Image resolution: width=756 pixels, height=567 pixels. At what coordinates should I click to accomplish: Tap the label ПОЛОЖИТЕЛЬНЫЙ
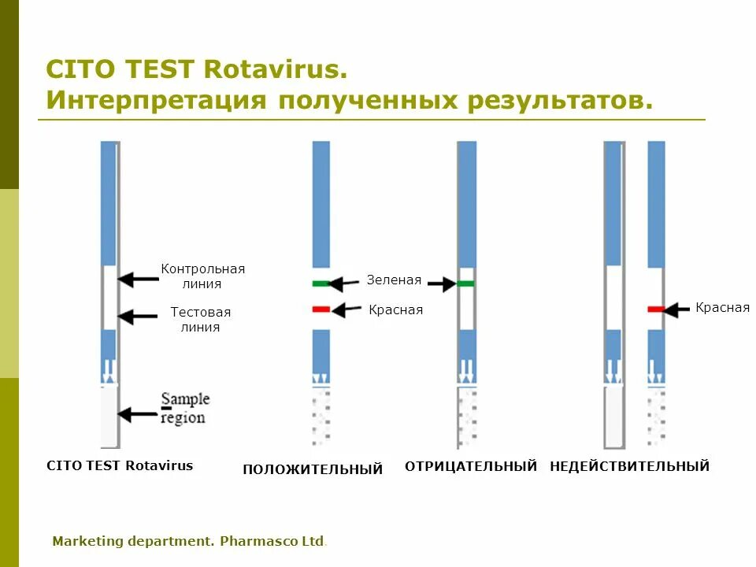coord(313,469)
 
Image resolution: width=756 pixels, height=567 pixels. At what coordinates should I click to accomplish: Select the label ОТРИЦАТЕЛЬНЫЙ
coord(471,466)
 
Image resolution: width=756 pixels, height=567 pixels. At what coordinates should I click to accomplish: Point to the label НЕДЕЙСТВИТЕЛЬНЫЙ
coord(629,466)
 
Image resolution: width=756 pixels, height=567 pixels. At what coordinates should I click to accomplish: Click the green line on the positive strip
coord(321,283)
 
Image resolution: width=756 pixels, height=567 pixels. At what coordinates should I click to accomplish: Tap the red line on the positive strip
coord(321,309)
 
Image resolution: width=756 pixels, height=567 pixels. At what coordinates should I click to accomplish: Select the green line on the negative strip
coord(467,283)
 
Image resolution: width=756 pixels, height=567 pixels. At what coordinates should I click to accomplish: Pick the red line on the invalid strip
coord(656,309)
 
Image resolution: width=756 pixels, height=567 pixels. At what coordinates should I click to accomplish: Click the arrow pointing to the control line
coord(137,277)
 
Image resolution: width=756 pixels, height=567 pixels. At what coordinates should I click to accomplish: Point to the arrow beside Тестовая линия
coord(137,316)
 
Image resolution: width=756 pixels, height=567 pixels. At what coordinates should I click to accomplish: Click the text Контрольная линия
coord(202,276)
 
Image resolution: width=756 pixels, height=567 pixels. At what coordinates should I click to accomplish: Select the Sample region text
coord(184,408)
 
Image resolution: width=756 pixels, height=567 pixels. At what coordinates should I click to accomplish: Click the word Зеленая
coord(394,280)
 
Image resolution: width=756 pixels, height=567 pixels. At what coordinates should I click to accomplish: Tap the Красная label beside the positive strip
coord(395,309)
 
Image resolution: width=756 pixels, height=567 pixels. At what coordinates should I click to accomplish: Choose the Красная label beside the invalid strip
coord(722,307)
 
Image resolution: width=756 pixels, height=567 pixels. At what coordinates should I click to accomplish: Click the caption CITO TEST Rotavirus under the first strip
coord(120,465)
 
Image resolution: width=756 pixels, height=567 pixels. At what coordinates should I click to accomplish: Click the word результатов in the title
coord(561,100)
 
